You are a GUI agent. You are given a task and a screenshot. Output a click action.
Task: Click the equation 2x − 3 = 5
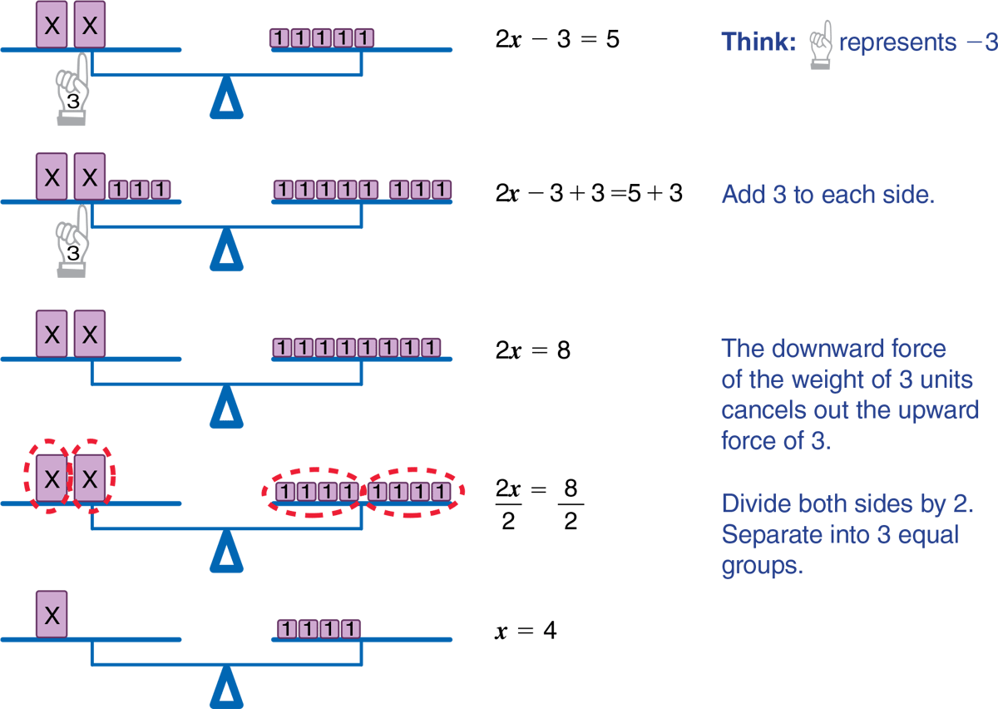(x=557, y=40)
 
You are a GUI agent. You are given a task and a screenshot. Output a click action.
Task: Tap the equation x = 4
(x=526, y=631)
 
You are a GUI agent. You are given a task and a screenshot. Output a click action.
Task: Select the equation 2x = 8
(x=533, y=350)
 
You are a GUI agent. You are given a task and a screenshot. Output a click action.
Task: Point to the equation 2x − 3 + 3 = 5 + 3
(x=589, y=194)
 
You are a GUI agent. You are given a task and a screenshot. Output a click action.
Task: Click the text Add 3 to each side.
(x=828, y=195)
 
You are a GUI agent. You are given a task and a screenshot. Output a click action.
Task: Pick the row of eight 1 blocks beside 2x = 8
(x=357, y=347)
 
